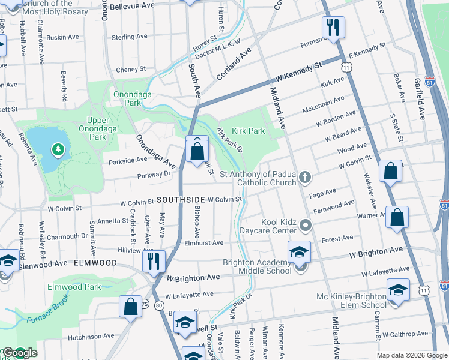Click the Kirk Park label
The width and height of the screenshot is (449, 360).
(x=249, y=130)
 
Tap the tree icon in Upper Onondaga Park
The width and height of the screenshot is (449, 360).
(x=58, y=148)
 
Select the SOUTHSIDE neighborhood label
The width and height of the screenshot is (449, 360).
(x=180, y=199)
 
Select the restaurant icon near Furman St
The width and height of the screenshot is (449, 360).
(x=332, y=27)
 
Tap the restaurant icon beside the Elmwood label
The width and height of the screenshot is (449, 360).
(x=154, y=260)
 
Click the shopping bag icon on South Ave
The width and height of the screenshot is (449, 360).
(x=197, y=150)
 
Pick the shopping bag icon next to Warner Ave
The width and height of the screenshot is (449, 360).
(x=397, y=217)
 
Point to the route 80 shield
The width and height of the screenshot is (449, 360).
(x=158, y=305)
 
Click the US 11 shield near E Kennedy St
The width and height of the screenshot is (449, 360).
(x=346, y=67)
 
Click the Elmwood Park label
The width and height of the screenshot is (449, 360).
(x=75, y=287)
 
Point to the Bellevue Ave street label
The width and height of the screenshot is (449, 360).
(x=136, y=6)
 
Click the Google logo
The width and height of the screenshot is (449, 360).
(x=19, y=353)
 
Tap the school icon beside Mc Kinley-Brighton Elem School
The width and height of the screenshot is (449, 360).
(x=398, y=290)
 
